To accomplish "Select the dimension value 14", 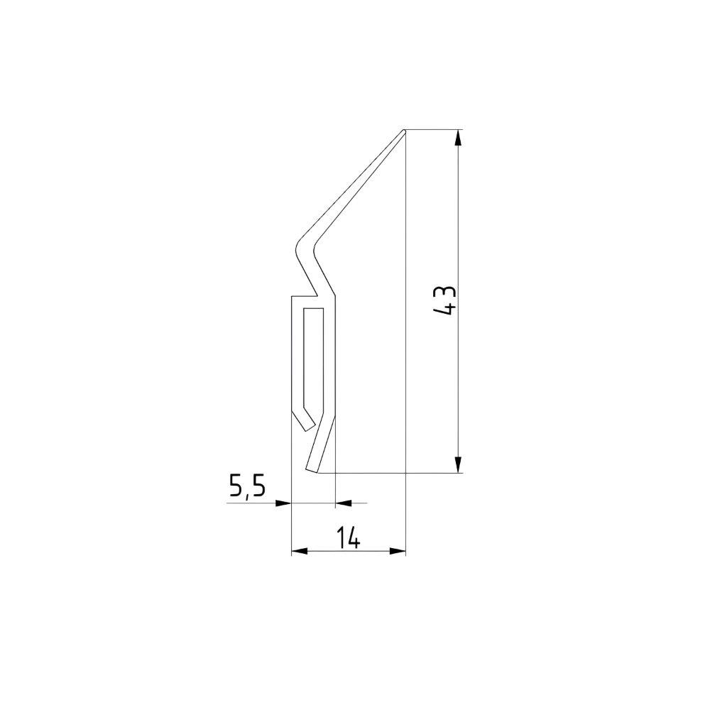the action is point(348,538).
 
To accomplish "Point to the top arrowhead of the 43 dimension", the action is point(459,138).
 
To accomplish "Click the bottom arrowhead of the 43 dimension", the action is point(459,464).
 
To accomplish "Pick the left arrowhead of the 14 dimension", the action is point(300,551).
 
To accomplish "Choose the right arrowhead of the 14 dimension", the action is point(398,551).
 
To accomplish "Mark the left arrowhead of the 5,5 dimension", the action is point(283,503).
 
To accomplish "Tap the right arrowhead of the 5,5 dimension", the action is point(343,503).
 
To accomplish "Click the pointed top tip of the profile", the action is point(404,131).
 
